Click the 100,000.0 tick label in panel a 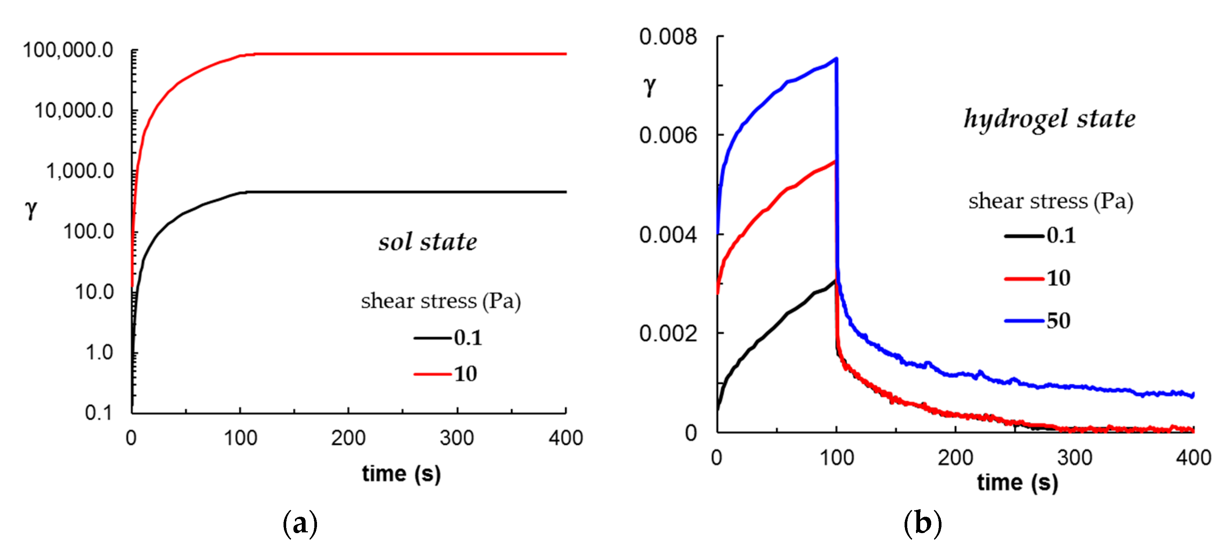[x=68, y=50]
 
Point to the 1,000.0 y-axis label [x=80, y=171]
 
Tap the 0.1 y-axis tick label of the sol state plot [x=99, y=412]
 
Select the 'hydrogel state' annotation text [x=1049, y=119]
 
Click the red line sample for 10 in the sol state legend [x=432, y=374]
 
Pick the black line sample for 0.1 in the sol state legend [x=432, y=338]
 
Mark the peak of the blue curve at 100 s [x=836, y=59]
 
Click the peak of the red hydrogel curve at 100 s [x=835, y=162]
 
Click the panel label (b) [x=922, y=524]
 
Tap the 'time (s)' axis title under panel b [x=1017, y=483]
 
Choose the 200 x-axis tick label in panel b [x=955, y=458]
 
